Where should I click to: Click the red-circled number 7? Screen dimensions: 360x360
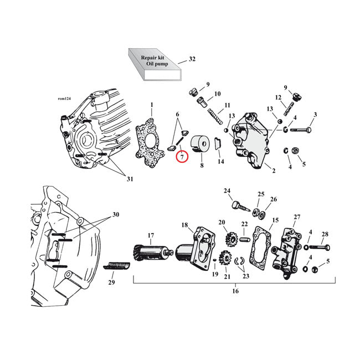pos(182,157)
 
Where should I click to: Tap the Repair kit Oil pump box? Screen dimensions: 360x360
pos(153,65)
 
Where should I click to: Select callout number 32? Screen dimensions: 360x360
pos(192,59)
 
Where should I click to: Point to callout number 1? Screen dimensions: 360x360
pos(152,104)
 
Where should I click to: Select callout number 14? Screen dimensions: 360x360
pos(221,162)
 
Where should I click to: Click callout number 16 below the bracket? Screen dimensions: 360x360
pos(235,291)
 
